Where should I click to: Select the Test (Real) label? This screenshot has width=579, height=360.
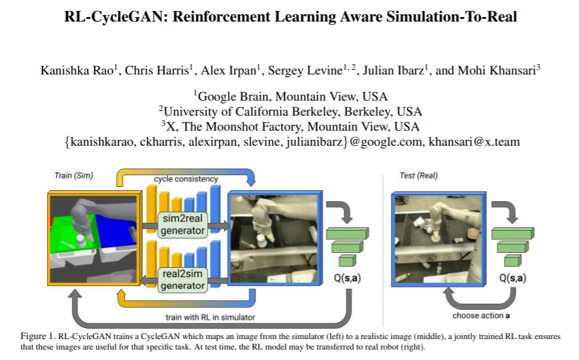point(418,176)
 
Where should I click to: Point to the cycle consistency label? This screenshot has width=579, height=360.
point(186,178)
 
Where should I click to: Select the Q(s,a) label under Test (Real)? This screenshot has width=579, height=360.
point(512,278)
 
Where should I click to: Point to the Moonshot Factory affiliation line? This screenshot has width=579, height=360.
point(290,126)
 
